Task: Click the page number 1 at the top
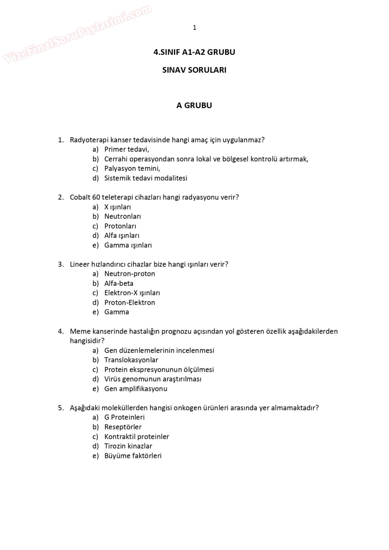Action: (x=194, y=28)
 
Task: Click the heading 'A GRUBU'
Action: (x=194, y=105)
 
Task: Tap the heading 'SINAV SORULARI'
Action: (x=194, y=70)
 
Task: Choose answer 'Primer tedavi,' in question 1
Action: (x=126, y=149)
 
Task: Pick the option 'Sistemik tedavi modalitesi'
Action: (x=146, y=178)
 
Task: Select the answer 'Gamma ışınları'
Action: (x=128, y=245)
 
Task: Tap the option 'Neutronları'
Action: (x=122, y=216)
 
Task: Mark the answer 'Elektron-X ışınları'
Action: (x=132, y=293)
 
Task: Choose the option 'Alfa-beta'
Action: (x=119, y=283)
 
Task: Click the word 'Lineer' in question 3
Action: (x=80, y=264)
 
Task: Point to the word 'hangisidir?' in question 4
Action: (x=87, y=341)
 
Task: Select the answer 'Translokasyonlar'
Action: (x=131, y=360)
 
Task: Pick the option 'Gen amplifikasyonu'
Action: (x=136, y=389)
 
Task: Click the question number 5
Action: (x=61, y=408)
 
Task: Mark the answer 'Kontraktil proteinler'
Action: (x=136, y=436)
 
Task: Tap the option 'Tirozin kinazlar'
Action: (x=128, y=446)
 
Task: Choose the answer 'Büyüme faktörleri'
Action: (x=133, y=456)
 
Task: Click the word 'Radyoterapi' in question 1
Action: (x=89, y=140)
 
